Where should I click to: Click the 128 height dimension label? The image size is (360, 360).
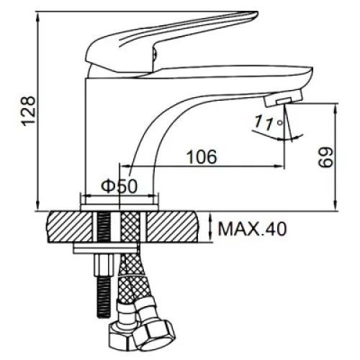[x=29, y=111]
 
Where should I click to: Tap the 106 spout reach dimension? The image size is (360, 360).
[x=202, y=157]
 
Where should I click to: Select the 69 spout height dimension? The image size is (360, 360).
[x=326, y=157]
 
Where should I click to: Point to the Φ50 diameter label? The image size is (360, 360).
[x=119, y=186]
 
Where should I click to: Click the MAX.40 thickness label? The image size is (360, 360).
[x=252, y=229]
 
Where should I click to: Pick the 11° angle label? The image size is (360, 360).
[x=269, y=122]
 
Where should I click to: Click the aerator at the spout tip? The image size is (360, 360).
[x=283, y=98]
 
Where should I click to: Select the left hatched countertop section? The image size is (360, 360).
[x=71, y=227]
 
